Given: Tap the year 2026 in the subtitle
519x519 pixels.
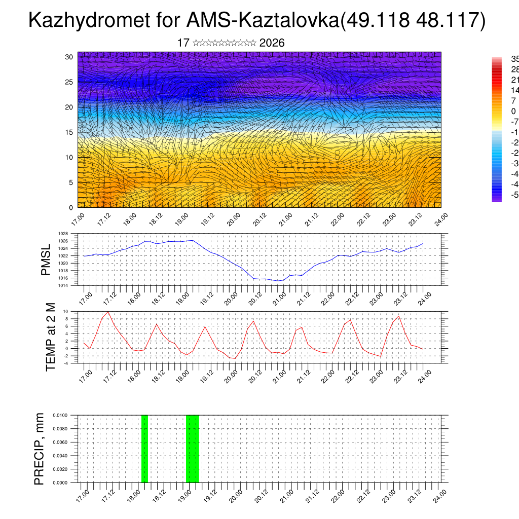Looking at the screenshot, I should (x=272, y=43).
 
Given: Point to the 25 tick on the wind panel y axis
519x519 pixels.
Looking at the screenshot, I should (x=69, y=82).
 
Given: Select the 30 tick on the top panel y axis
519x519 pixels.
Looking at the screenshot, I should (x=69, y=57).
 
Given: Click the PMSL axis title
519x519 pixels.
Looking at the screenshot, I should (x=46, y=259).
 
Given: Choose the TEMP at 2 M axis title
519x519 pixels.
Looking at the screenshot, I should (x=51, y=337).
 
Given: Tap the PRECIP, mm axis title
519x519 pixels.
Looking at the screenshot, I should (x=40, y=449).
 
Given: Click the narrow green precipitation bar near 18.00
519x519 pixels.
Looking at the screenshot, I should (x=144, y=449).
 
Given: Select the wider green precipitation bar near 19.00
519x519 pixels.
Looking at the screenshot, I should (x=193, y=449).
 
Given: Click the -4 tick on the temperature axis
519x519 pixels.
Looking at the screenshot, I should (x=66, y=363).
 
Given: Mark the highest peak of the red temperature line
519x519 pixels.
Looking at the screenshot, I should (x=108, y=312).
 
